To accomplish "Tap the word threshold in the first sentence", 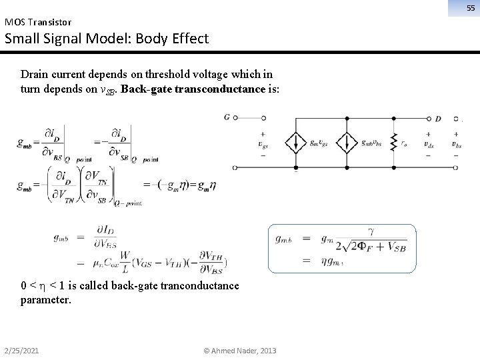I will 159,73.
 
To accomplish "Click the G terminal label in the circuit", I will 227,117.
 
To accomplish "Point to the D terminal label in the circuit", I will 437,119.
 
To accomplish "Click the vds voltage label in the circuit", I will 427,143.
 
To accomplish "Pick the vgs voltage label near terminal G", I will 263,143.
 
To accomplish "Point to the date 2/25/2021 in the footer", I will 21,351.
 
